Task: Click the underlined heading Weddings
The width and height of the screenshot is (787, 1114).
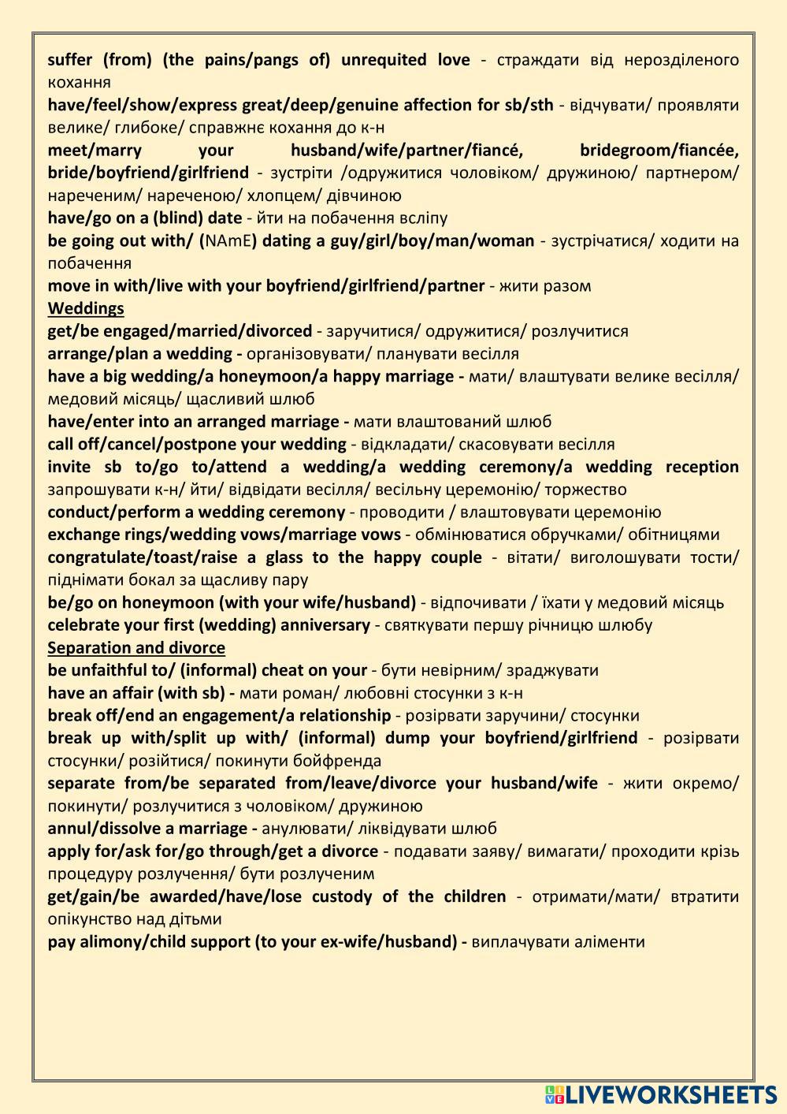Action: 86,308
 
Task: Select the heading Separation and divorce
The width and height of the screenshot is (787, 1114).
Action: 136,648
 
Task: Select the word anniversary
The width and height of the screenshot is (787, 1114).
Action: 325,625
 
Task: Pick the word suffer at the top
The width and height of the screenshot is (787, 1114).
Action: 70,60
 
